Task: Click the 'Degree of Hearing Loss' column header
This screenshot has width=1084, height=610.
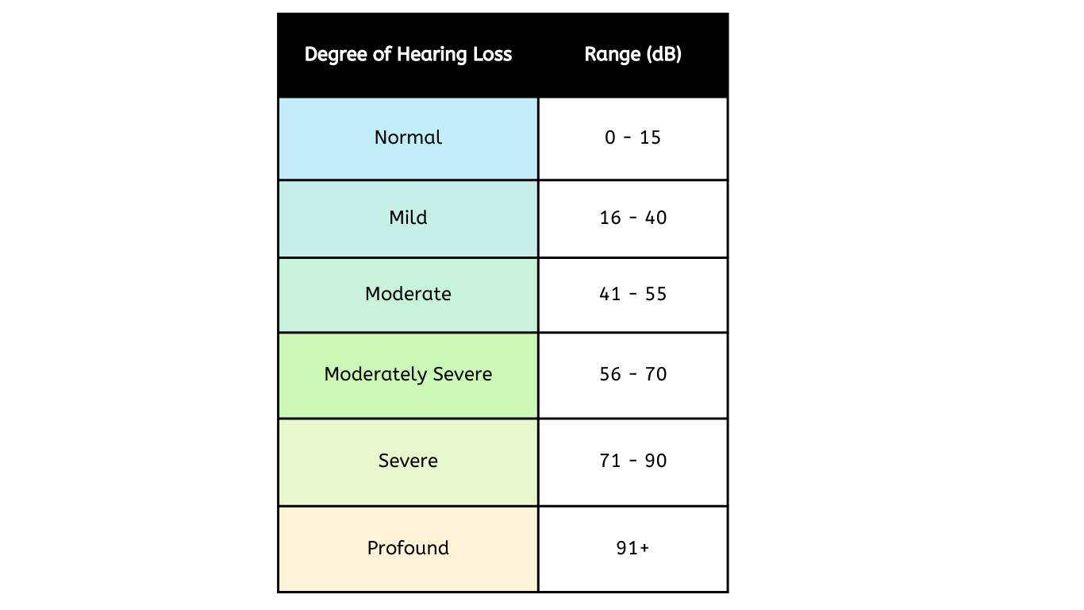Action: [x=408, y=55]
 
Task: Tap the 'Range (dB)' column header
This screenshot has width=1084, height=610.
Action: [x=633, y=54]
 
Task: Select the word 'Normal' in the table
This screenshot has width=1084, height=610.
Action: [x=408, y=137]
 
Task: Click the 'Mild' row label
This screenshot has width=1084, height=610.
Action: [x=408, y=218]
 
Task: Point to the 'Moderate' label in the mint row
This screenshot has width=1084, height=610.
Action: [x=408, y=294]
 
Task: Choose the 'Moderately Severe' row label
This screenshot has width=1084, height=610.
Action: [x=408, y=375]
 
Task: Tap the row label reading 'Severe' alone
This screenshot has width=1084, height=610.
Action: [x=408, y=461]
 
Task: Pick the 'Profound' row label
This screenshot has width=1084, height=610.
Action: [x=408, y=548]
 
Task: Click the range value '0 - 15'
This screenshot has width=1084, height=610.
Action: [x=632, y=137]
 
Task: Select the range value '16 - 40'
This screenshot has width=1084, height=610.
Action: [x=633, y=218]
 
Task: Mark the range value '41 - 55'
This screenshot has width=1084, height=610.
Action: [x=633, y=294]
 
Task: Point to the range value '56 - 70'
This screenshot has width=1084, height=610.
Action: [x=633, y=375]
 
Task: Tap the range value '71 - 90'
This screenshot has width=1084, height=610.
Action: [x=633, y=461]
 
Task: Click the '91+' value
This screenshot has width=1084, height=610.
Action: [x=632, y=548]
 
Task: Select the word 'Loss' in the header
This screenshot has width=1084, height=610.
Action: [x=492, y=54]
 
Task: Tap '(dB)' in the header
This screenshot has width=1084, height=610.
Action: [x=664, y=54]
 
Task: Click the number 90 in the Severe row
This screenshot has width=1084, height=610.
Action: [x=655, y=461]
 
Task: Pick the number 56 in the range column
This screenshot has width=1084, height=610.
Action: [x=610, y=375]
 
